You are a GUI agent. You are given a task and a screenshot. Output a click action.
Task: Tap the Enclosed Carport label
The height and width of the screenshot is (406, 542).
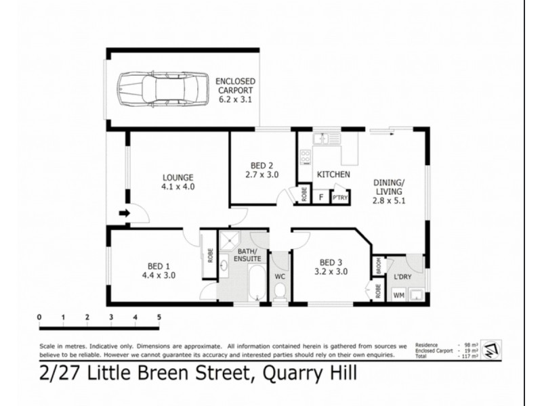[234, 90]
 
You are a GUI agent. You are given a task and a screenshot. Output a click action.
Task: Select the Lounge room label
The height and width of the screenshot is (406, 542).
[178, 181]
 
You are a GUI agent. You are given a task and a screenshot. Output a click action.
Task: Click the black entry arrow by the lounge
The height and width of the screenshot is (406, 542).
[124, 214]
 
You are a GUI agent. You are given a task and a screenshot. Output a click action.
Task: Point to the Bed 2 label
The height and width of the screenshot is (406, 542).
[262, 170]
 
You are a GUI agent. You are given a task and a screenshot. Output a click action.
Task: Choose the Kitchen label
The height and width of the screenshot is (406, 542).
[333, 175]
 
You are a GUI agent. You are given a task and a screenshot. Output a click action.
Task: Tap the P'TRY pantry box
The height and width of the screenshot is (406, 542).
[339, 197]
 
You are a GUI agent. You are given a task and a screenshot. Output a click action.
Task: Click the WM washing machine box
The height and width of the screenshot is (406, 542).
[399, 294]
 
